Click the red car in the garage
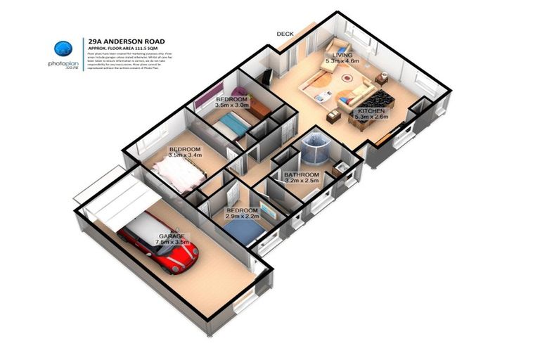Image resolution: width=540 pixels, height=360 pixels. tap(161, 246)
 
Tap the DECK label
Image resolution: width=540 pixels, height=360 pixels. tap(285, 33)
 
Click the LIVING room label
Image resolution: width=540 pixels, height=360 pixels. tap(342, 55)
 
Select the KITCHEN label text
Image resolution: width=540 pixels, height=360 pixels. tap(371, 112)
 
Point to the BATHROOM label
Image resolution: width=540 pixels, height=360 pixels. tap(301, 174)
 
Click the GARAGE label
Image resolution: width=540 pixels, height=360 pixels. tap(172, 236)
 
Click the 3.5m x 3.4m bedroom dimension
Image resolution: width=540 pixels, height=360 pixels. tap(185, 155)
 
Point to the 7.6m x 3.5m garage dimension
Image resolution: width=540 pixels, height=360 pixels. tap(172, 243)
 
